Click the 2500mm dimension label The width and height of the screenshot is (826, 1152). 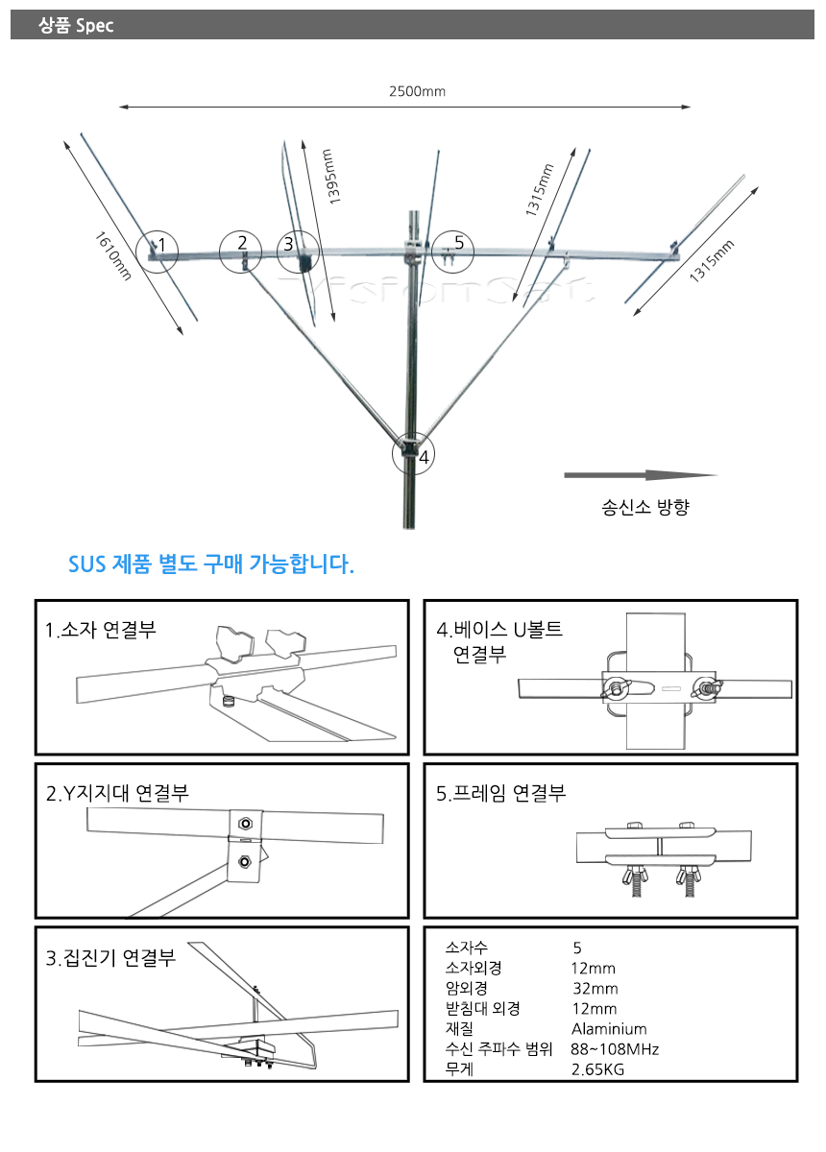[417, 91]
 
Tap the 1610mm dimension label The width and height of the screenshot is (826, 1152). [112, 256]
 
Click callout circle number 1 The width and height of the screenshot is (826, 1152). [157, 252]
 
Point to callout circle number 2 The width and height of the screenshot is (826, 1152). [240, 252]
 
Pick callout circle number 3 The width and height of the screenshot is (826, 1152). [298, 252]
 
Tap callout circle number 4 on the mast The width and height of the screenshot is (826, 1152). [413, 453]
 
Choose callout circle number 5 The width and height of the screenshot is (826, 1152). [452, 252]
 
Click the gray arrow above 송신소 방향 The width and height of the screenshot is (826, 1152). [641, 475]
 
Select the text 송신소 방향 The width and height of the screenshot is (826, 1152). [644, 507]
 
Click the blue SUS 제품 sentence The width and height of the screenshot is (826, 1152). [211, 564]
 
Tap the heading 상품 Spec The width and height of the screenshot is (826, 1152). [76, 25]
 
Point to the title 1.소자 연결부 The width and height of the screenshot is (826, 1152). [100, 630]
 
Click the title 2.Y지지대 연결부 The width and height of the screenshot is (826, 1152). [117, 793]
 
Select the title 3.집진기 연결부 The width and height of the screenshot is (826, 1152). [110, 958]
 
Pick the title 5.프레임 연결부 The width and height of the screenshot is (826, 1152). [500, 793]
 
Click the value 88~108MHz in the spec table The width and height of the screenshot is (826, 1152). [615, 1049]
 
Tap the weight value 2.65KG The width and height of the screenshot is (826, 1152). [597, 1069]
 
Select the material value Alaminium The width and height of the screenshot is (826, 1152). [609, 1029]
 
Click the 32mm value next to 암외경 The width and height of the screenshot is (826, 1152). [595, 989]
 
